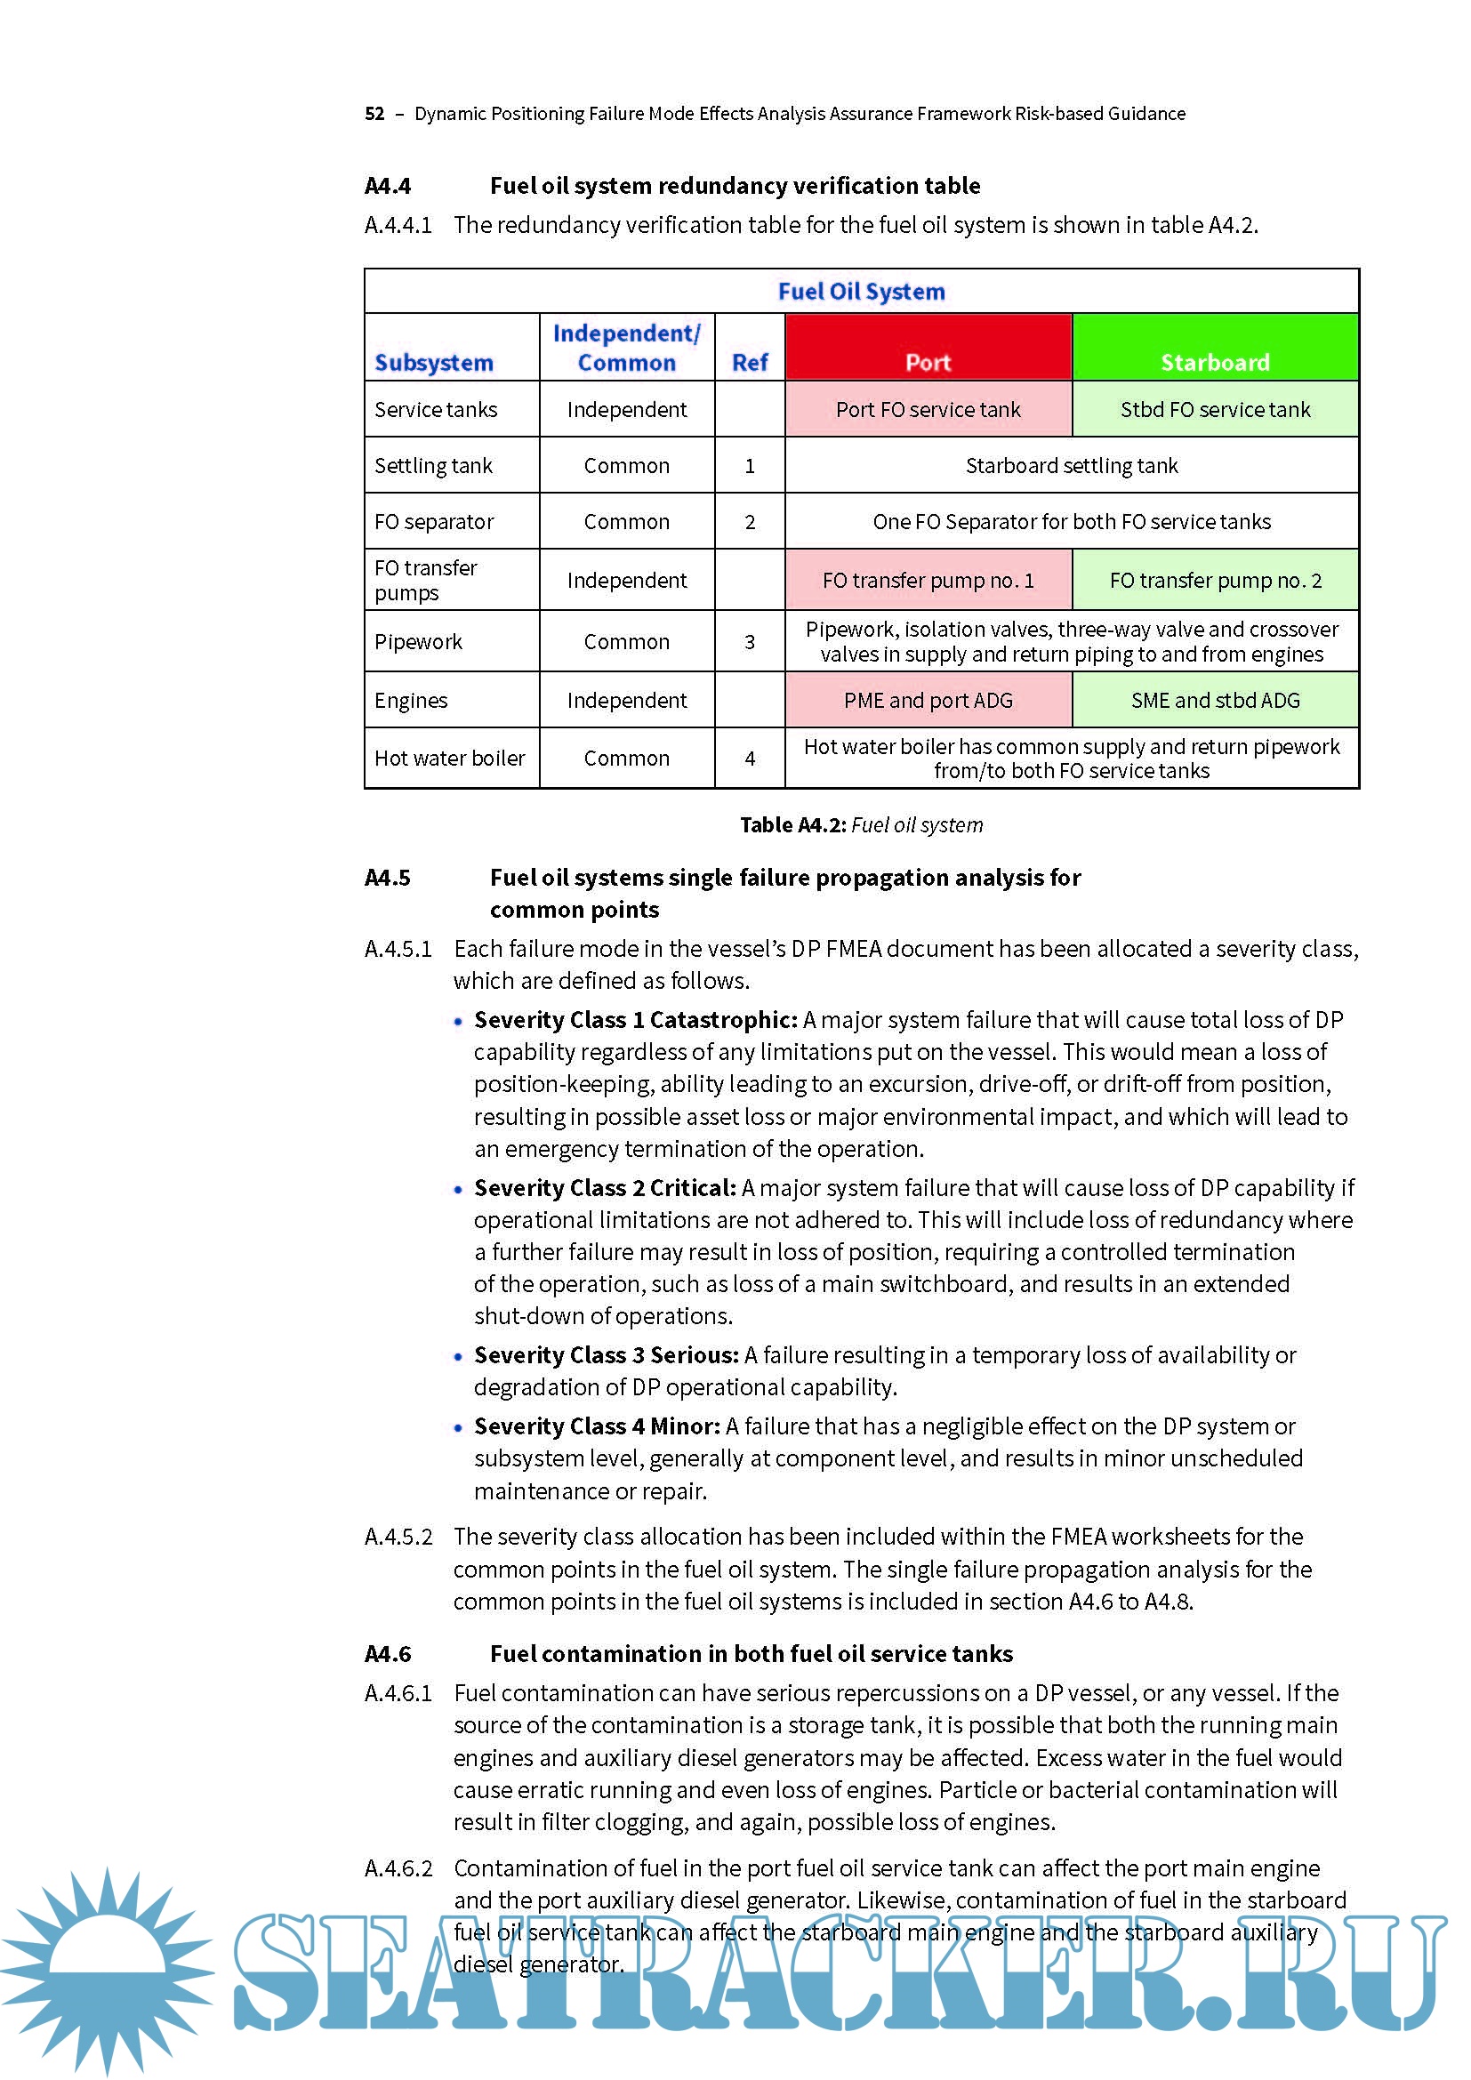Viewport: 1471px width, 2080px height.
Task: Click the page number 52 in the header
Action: (374, 114)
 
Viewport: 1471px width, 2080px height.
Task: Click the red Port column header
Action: (928, 348)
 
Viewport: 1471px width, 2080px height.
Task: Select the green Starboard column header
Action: (1215, 348)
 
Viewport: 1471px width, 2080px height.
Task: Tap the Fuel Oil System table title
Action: (861, 292)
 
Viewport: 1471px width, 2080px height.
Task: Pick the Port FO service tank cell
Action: (928, 409)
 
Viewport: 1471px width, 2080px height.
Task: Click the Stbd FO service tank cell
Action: (1215, 409)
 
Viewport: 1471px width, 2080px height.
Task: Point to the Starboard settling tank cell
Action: (1071, 466)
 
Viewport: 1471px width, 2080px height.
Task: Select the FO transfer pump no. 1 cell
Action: (928, 580)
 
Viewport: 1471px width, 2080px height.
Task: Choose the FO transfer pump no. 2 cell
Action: (1215, 580)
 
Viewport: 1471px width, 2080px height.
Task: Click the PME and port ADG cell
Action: (928, 700)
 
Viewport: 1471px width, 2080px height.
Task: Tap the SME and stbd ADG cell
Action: (1215, 700)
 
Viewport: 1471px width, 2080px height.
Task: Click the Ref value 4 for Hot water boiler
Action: (749, 759)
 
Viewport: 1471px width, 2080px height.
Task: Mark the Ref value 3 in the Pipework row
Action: (749, 642)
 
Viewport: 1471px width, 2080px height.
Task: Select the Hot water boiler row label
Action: (449, 759)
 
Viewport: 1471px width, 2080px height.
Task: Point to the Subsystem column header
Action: (433, 362)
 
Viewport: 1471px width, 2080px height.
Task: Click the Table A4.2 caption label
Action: (792, 825)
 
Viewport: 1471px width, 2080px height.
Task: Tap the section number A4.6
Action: (388, 1654)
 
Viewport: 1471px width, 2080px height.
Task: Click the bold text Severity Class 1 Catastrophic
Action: (635, 1020)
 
